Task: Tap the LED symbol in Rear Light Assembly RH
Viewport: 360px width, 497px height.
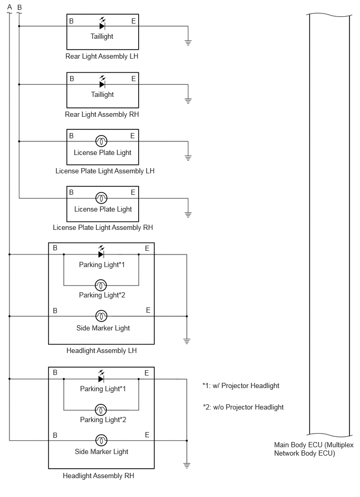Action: [102, 82]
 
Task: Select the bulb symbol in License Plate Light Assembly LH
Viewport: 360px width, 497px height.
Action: [102, 141]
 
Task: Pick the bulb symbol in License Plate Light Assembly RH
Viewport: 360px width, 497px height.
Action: [102, 198]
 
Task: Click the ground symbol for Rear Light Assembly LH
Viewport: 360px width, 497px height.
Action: [188, 42]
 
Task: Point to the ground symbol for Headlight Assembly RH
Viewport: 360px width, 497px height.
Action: [187, 465]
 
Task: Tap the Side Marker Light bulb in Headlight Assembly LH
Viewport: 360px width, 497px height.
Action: [102, 316]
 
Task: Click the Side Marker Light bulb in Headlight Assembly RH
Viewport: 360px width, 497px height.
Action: [102, 440]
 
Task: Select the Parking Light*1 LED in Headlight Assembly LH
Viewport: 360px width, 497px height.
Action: [101, 252]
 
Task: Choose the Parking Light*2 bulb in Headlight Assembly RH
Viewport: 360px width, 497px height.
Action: [101, 410]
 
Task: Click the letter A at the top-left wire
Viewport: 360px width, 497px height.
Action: [9, 7]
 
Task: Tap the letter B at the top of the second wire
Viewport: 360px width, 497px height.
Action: [19, 7]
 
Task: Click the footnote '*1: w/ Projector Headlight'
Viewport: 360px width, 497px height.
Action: [241, 386]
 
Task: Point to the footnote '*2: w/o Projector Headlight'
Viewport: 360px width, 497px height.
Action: [243, 407]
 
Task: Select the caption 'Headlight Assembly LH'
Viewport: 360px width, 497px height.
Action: [102, 350]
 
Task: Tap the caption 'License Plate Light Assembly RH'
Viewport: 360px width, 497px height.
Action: [103, 228]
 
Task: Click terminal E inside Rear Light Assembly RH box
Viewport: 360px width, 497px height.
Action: [133, 79]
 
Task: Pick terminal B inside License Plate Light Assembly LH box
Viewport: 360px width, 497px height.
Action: [72, 136]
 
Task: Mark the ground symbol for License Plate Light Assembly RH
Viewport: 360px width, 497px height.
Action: [188, 214]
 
